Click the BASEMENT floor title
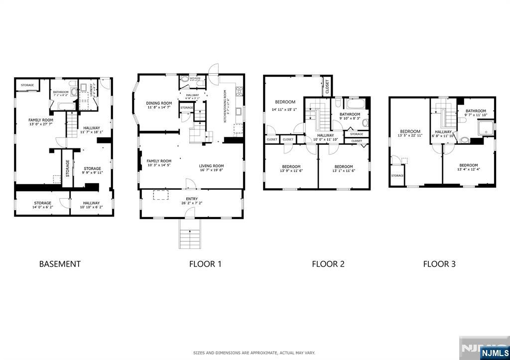point(60,264)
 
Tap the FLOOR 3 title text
point(439,264)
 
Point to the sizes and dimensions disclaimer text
point(255,353)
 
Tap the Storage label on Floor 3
point(397,175)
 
